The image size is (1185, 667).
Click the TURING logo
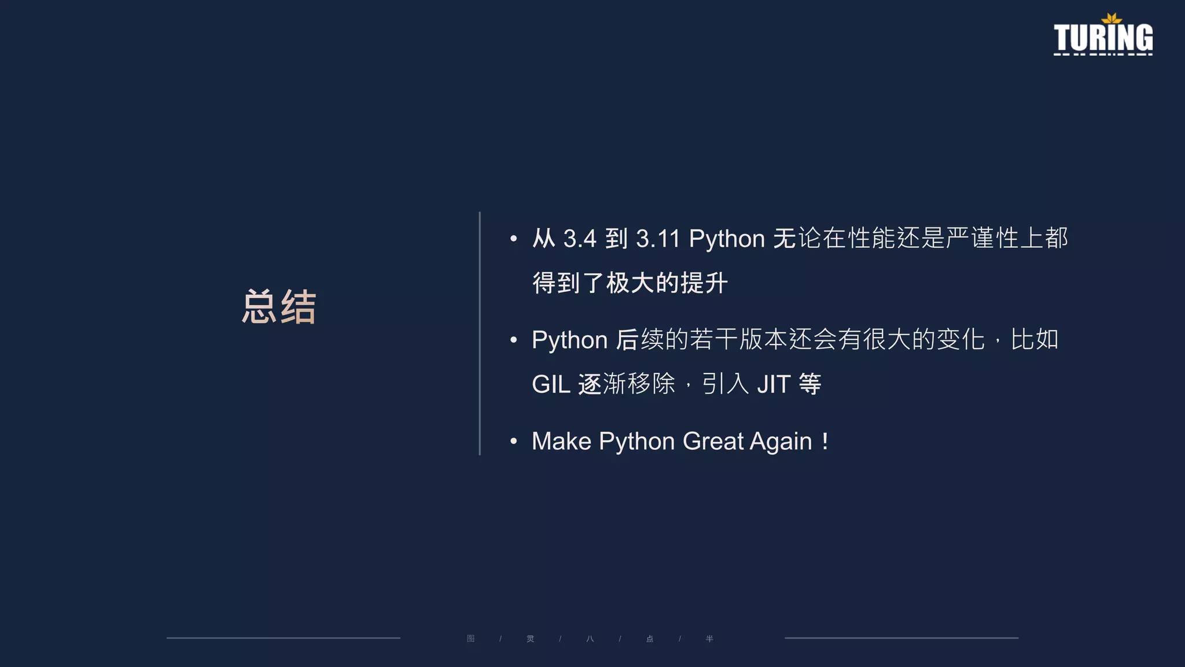coord(1103,38)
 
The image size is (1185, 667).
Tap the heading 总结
coord(279,306)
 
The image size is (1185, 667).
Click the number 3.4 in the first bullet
coord(579,239)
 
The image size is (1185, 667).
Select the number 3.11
coord(657,239)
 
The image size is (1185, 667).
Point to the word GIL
coord(551,384)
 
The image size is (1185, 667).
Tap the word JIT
coord(774,384)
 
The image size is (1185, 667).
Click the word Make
coord(561,441)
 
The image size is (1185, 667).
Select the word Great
coord(713,441)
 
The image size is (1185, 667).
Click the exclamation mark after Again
coord(825,442)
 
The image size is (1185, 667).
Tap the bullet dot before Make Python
coord(513,442)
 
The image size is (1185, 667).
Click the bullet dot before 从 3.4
coord(513,239)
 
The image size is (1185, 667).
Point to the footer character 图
coord(471,639)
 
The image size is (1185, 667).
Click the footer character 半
coord(709,639)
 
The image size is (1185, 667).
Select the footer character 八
coord(590,639)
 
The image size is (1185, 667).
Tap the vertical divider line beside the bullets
coord(480,333)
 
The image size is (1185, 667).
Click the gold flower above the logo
coord(1111,19)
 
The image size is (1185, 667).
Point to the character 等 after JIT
coord(810,384)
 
